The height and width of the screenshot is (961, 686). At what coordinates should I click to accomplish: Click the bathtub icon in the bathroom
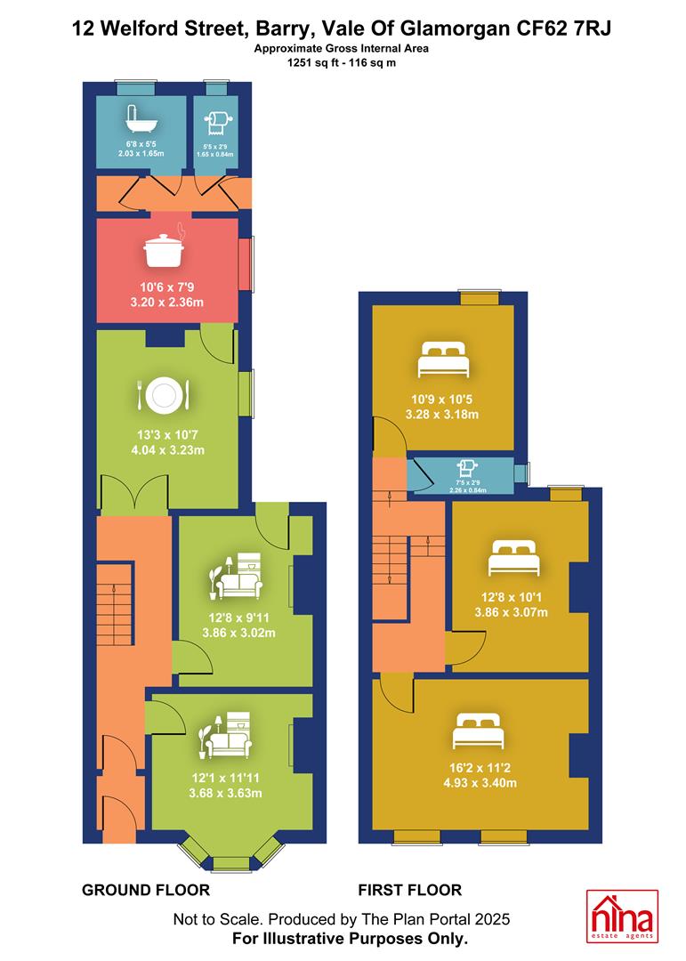pyautogui.click(x=141, y=119)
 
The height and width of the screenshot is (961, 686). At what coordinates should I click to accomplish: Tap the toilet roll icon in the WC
pyautogui.click(x=218, y=123)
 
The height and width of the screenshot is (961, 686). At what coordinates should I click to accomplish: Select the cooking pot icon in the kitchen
pyautogui.click(x=165, y=246)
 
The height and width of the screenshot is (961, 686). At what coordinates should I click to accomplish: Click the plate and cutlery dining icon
pyautogui.click(x=164, y=395)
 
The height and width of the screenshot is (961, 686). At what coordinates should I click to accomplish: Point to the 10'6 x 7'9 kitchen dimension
pyautogui.click(x=166, y=287)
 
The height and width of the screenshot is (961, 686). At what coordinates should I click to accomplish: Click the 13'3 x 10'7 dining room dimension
pyautogui.click(x=167, y=434)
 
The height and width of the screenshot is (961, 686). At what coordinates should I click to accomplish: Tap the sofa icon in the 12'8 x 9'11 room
pyautogui.click(x=236, y=576)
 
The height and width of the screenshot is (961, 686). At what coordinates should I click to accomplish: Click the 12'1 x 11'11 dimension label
pyautogui.click(x=226, y=778)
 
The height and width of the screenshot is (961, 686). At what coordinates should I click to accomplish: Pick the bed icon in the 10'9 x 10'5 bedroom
pyautogui.click(x=443, y=359)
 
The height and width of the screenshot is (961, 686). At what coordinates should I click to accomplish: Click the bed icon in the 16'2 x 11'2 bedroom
pyautogui.click(x=478, y=731)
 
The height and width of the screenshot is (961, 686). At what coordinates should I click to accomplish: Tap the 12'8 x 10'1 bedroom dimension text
pyautogui.click(x=512, y=597)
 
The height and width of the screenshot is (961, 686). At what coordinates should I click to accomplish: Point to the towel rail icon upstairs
pyautogui.click(x=467, y=469)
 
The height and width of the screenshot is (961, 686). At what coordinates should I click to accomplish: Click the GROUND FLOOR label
pyautogui.click(x=146, y=890)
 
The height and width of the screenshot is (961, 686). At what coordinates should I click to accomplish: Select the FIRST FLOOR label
pyautogui.click(x=410, y=890)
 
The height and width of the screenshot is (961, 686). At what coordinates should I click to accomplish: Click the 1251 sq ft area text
pyautogui.click(x=313, y=62)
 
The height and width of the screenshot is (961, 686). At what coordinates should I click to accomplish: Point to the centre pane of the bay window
pyautogui.click(x=231, y=863)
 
